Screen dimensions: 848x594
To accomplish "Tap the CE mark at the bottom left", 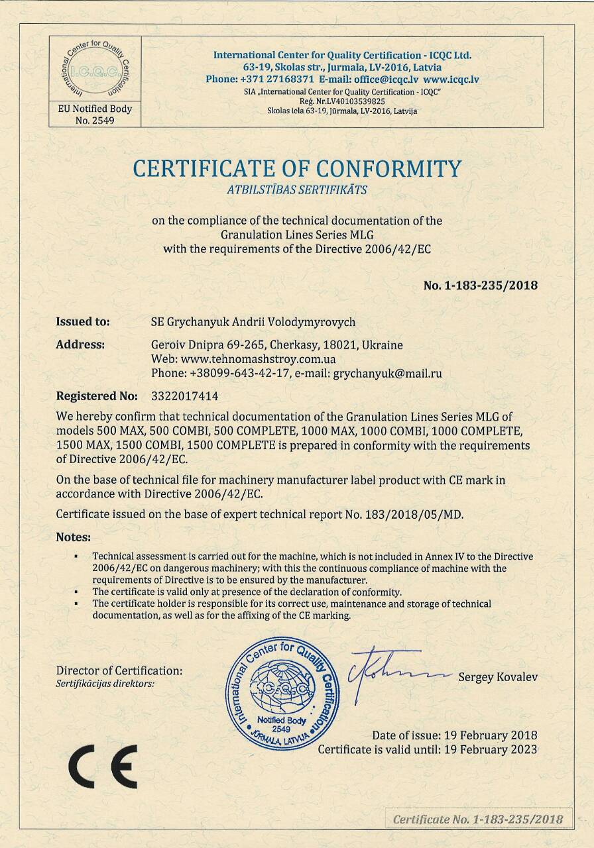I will pos(103,766).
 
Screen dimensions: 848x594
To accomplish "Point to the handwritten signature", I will pos(391,670).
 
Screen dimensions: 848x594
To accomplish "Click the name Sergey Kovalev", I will pos(497,677).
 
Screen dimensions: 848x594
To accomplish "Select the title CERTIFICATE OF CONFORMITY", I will pos(297,168).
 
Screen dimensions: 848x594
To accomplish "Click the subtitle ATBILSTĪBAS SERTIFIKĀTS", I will pos(297,190).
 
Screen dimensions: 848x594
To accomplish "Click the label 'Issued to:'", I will pos(83,322).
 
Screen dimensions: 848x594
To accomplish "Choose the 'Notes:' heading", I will pos(73,537).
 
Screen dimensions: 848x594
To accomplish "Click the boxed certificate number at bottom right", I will pos(477,819).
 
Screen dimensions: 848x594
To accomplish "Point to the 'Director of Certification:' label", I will pos(119,670).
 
